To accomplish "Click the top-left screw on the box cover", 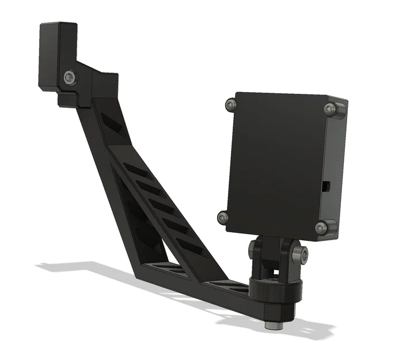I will coord(231,104).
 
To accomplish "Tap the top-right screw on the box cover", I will coord(331,109).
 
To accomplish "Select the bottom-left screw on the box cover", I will coord(223,217).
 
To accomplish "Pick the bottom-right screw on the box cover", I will coord(322,228).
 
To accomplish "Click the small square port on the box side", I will coord(326,185).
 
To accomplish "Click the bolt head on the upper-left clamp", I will coord(69,76).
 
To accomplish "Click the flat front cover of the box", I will coord(276,164).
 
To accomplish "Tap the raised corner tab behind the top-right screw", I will coord(340,109).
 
